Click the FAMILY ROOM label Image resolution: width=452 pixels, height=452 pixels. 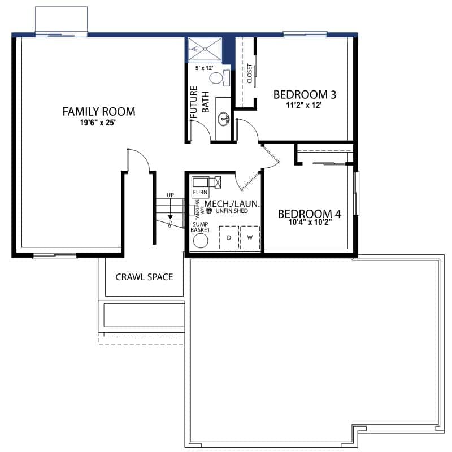pyautogui.click(x=99, y=111)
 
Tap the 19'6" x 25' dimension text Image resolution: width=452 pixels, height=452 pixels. pyautogui.click(x=98, y=123)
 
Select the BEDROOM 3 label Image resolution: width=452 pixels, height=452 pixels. pyautogui.click(x=305, y=94)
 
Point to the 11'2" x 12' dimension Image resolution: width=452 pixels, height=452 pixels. pyautogui.click(x=303, y=105)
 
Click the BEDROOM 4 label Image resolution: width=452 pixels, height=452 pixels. pyautogui.click(x=309, y=214)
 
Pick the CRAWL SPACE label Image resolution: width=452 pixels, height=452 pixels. pyautogui.click(x=144, y=277)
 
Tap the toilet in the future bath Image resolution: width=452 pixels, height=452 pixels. pyautogui.click(x=219, y=78)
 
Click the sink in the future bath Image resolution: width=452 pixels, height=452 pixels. pyautogui.click(x=224, y=119)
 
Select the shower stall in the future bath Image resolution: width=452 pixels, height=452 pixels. pyautogui.click(x=205, y=49)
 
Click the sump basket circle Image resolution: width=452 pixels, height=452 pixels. pyautogui.click(x=201, y=241)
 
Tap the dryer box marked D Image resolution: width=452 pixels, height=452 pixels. pyautogui.click(x=229, y=237)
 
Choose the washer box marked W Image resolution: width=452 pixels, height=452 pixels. pyautogui.click(x=250, y=237)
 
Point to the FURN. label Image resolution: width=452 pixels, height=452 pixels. pyautogui.click(x=201, y=192)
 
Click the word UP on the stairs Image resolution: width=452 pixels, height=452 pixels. pyautogui.click(x=171, y=195)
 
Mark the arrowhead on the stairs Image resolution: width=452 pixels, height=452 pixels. pyautogui.click(x=171, y=217)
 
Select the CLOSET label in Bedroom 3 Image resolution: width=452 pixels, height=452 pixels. pyautogui.click(x=250, y=73)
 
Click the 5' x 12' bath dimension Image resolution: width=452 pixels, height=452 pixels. pyautogui.click(x=204, y=68)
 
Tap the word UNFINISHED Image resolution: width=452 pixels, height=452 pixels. pyautogui.click(x=232, y=211)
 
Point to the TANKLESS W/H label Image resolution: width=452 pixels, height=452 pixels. pyautogui.click(x=199, y=210)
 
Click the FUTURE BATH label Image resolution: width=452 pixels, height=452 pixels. pyautogui.click(x=199, y=102)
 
